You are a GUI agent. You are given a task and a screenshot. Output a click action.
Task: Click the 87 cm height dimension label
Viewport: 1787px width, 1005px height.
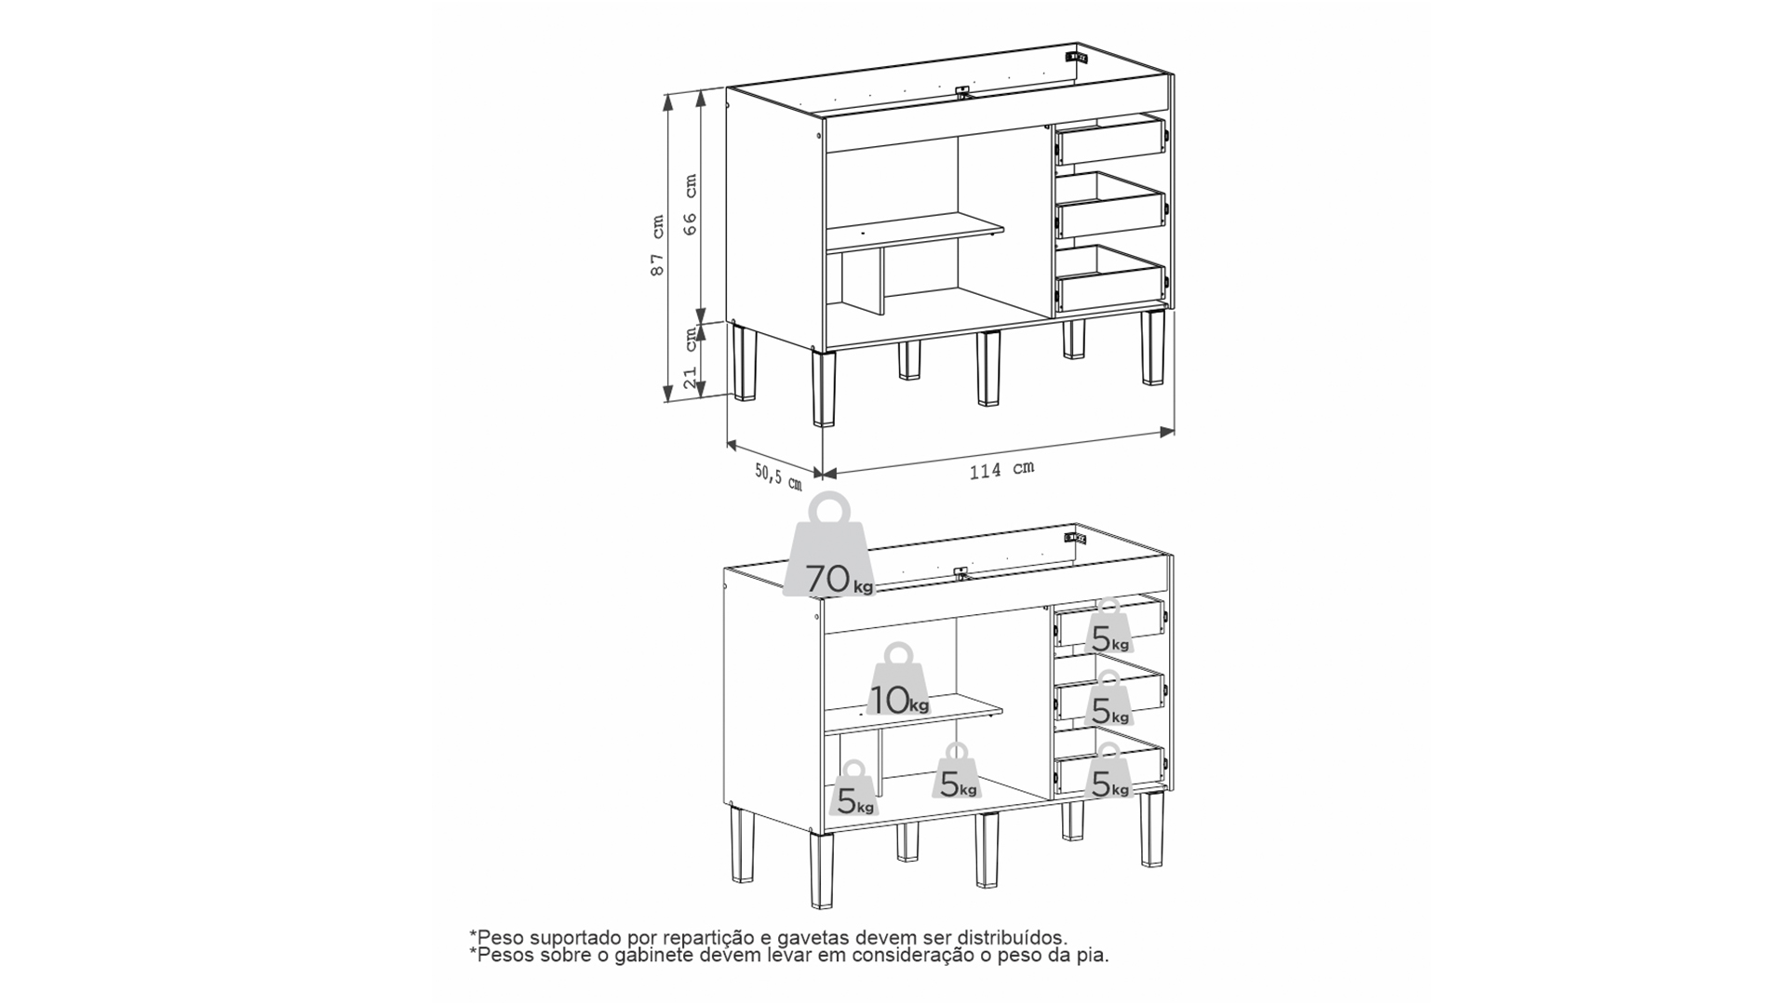[657, 246]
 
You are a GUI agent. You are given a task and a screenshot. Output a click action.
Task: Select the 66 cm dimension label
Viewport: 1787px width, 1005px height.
[690, 205]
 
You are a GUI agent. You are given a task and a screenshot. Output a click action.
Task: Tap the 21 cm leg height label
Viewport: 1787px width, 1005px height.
[690, 358]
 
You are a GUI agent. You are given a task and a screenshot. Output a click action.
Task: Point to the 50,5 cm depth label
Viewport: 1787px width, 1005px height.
[778, 477]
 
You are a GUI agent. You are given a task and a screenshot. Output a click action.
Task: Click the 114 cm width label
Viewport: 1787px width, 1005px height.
[1001, 470]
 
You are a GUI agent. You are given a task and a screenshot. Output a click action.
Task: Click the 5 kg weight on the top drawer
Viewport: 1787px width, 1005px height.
[1108, 626]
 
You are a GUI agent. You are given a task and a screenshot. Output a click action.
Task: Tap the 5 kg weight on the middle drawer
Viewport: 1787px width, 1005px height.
[1108, 698]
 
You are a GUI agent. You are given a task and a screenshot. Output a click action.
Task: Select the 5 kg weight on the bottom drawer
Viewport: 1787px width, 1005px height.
[1108, 770]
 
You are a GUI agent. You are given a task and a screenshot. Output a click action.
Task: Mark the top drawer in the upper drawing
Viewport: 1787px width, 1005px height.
[1109, 142]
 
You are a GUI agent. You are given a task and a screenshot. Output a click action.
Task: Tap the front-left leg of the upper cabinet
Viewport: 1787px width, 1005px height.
[824, 389]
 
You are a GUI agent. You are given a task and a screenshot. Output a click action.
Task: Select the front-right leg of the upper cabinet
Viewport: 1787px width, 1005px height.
[1153, 347]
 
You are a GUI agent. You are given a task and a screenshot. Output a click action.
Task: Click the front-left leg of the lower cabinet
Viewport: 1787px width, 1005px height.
[823, 870]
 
